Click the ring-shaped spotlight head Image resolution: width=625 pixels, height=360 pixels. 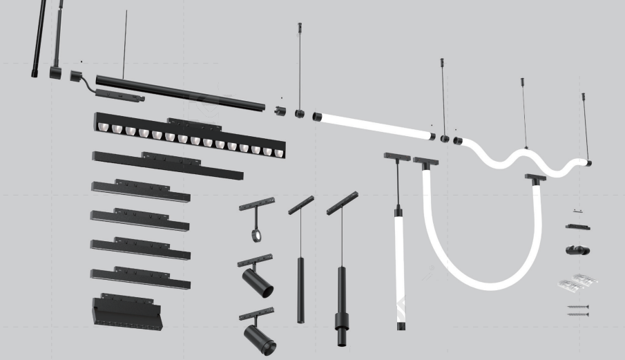tap(256, 235)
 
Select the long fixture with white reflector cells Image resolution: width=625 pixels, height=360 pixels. tap(190, 138)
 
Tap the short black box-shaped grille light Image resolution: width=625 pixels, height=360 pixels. tap(124, 313)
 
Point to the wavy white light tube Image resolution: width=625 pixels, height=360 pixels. tap(525, 161)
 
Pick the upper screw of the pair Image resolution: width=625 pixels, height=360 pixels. tap(578, 307)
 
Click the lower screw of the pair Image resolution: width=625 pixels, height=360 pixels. tap(578, 314)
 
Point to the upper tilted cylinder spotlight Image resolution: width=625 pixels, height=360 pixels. tap(258, 283)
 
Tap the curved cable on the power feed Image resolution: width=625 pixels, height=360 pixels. tap(87, 84)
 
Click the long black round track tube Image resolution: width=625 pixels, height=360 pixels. tap(180, 93)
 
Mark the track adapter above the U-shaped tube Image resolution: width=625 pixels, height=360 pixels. tap(425, 162)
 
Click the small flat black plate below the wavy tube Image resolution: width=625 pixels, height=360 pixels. tap(577, 227)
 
